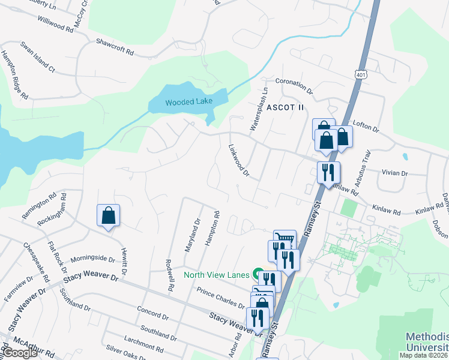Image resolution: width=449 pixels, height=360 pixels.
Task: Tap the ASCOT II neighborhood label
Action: point(286,107)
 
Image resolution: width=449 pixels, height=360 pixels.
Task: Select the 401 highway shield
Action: point(360,74)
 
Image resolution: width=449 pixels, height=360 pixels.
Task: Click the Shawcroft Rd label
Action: point(115,47)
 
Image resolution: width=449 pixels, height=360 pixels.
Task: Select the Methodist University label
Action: point(426,342)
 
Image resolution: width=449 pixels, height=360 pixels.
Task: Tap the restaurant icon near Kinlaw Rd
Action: point(328,173)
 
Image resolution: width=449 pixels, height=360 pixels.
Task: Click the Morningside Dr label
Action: point(92,259)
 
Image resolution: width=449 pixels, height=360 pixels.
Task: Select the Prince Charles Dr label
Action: point(221,296)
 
